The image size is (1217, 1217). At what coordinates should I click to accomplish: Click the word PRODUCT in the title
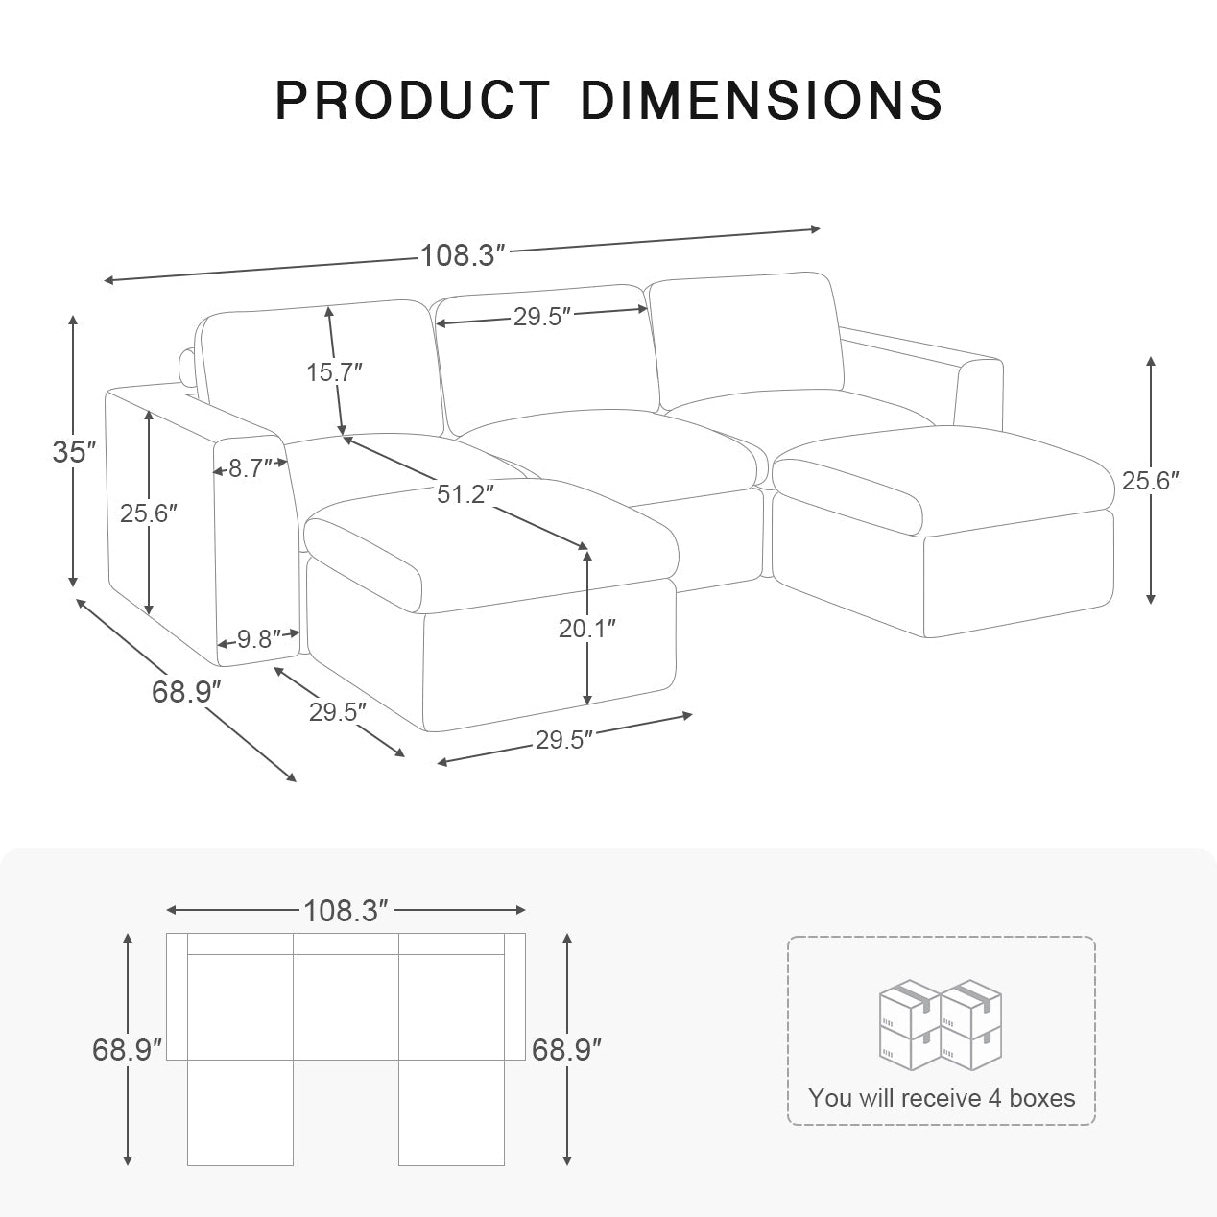pyautogui.click(x=412, y=99)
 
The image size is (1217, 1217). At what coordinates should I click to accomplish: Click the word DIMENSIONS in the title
pyautogui.click(x=761, y=99)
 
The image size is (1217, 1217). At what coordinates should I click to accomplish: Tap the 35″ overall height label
pyautogui.click(x=74, y=451)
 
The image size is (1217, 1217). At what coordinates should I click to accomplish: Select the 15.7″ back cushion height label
pyautogui.click(x=334, y=371)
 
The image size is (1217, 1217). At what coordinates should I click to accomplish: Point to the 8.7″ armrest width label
pyautogui.click(x=250, y=469)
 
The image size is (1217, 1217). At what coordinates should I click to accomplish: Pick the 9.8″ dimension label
pyautogui.click(x=258, y=638)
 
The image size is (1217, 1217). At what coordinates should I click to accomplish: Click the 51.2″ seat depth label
pyautogui.click(x=465, y=494)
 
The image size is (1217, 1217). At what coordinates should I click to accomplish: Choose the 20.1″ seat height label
pyautogui.click(x=586, y=628)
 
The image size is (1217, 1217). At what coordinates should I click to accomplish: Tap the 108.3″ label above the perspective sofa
pyautogui.click(x=462, y=255)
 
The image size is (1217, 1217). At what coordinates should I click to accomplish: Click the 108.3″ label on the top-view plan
pyautogui.click(x=346, y=910)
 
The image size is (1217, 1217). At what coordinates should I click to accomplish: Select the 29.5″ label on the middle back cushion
pyautogui.click(x=542, y=317)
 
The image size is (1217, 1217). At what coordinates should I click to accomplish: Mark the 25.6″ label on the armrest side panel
pyautogui.click(x=149, y=513)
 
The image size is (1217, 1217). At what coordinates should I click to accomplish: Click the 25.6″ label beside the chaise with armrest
pyautogui.click(x=1150, y=480)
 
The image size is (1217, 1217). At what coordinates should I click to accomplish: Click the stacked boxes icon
pyautogui.click(x=941, y=1026)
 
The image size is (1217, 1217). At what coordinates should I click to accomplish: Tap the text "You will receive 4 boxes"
pyautogui.click(x=941, y=1097)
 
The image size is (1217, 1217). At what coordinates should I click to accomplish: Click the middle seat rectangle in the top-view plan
pyautogui.click(x=346, y=1007)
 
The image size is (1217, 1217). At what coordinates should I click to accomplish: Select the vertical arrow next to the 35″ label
pyautogui.click(x=73, y=451)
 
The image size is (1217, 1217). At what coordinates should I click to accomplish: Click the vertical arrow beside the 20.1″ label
pyautogui.click(x=586, y=672)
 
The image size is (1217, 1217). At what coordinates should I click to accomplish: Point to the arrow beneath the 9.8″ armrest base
pyautogui.click(x=339, y=712)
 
